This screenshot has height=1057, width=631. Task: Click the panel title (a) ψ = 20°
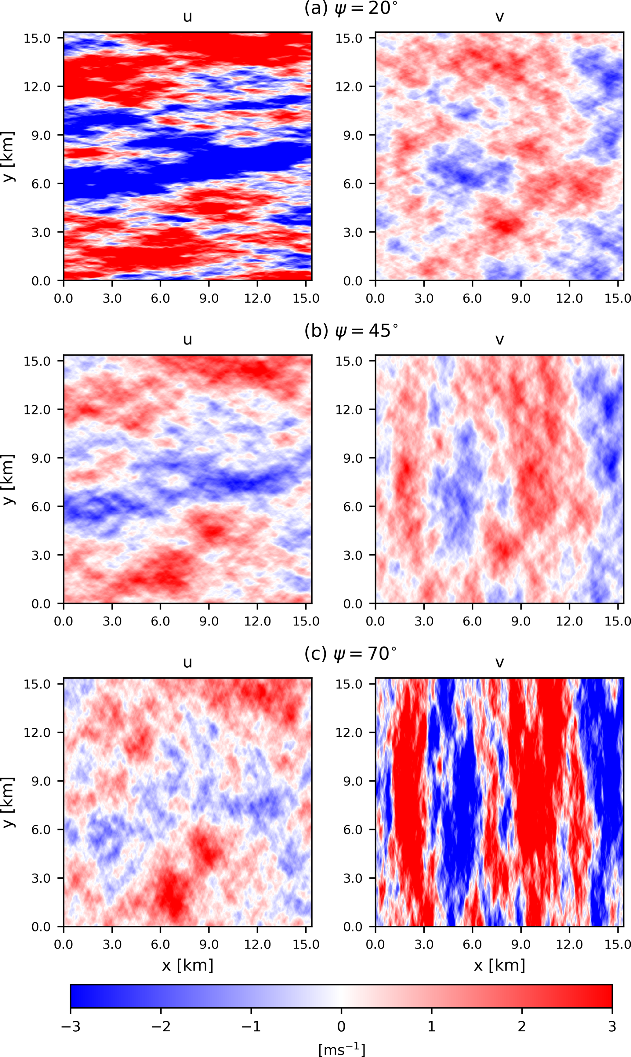pos(351,9)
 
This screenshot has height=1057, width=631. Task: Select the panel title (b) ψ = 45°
pos(351,331)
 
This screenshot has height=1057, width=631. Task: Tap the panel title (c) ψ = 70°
pos(351,654)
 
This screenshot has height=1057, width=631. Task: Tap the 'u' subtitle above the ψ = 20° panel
pos(187,17)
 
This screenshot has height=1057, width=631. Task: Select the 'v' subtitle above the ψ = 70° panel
pos(500,663)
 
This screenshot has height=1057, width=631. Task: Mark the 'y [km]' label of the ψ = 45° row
pos(9,479)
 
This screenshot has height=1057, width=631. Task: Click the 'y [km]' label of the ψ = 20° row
pos(9,157)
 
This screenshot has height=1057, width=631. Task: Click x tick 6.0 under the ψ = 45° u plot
pos(160,621)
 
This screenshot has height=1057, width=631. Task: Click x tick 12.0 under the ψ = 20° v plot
pos(569,299)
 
